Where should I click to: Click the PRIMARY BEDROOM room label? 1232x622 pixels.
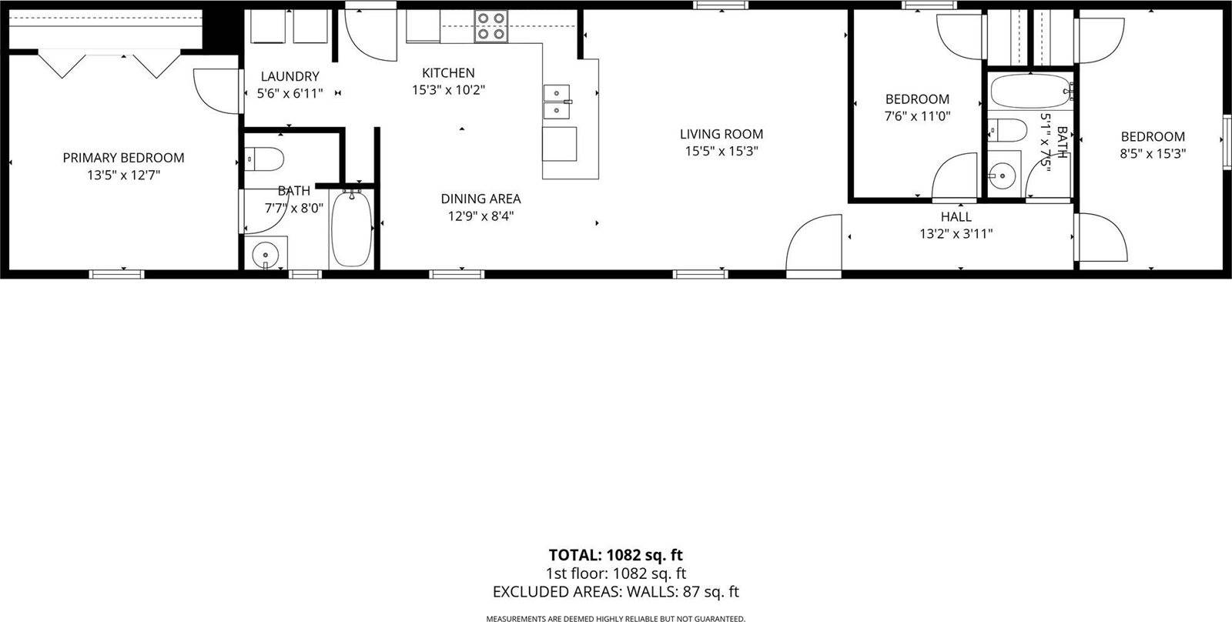coord(123,158)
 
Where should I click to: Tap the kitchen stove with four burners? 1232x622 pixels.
coord(490,25)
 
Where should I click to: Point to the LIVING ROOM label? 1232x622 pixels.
coord(721,134)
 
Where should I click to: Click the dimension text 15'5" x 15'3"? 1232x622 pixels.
coord(721,152)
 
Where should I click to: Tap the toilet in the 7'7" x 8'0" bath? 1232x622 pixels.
coord(263,159)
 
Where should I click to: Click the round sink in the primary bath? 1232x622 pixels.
coord(266,252)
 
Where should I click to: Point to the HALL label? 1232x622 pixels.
coord(956,217)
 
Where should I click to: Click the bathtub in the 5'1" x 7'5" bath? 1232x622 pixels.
coord(1030,93)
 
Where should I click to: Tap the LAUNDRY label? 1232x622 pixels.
coord(290,76)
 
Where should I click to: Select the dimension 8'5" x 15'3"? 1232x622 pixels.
coord(1152,153)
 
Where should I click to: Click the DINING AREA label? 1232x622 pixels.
coord(480,199)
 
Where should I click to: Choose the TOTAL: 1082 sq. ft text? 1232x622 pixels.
coord(615,554)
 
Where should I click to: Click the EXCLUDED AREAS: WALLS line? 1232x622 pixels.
coord(615,592)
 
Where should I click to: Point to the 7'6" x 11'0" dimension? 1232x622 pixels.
coord(917,116)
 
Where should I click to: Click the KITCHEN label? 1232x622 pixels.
coord(448,73)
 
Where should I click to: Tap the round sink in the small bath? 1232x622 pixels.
coord(1003,176)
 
